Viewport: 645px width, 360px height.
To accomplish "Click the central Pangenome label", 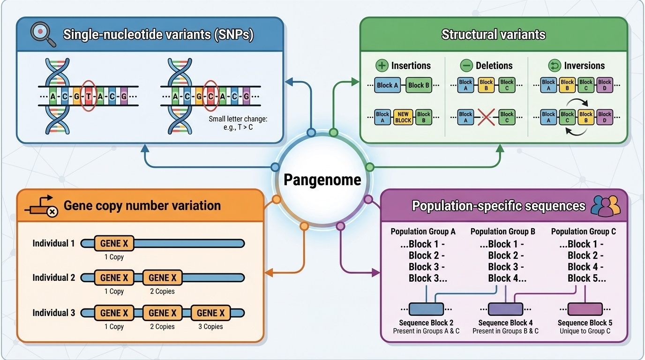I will pyautogui.click(x=322, y=180).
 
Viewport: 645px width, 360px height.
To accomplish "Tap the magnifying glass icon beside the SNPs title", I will pyautogui.click(x=42, y=35).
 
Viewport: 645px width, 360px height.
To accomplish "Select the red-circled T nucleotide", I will pyautogui.click(x=89, y=97).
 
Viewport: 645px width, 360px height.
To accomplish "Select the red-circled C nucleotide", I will pyautogui.click(x=211, y=97).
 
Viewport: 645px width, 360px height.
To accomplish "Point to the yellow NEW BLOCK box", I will pyautogui.click(x=403, y=117).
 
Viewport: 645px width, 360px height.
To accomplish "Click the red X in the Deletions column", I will pyautogui.click(x=486, y=117).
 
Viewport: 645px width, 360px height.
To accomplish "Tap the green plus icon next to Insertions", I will pyautogui.click(x=382, y=66).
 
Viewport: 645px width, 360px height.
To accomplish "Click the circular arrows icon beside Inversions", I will pyautogui.click(x=555, y=66).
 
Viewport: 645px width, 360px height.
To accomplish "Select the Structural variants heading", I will pyautogui.click(x=493, y=35).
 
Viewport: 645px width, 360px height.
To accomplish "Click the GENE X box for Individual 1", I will pyautogui.click(x=114, y=243).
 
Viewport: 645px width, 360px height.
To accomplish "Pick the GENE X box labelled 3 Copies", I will pyautogui.click(x=210, y=313).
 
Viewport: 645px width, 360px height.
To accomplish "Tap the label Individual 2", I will pyautogui.click(x=53, y=277).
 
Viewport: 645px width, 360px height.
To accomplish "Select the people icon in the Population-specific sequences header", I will pyautogui.click(x=606, y=206).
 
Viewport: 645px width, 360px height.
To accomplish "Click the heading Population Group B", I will pyautogui.click(x=502, y=232).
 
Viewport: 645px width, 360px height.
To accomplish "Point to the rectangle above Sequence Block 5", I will pyautogui.click(x=585, y=309).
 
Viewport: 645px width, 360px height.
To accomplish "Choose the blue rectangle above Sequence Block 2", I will pyautogui.click(x=426, y=309).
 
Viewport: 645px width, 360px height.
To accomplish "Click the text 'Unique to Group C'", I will pyautogui.click(x=585, y=331).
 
